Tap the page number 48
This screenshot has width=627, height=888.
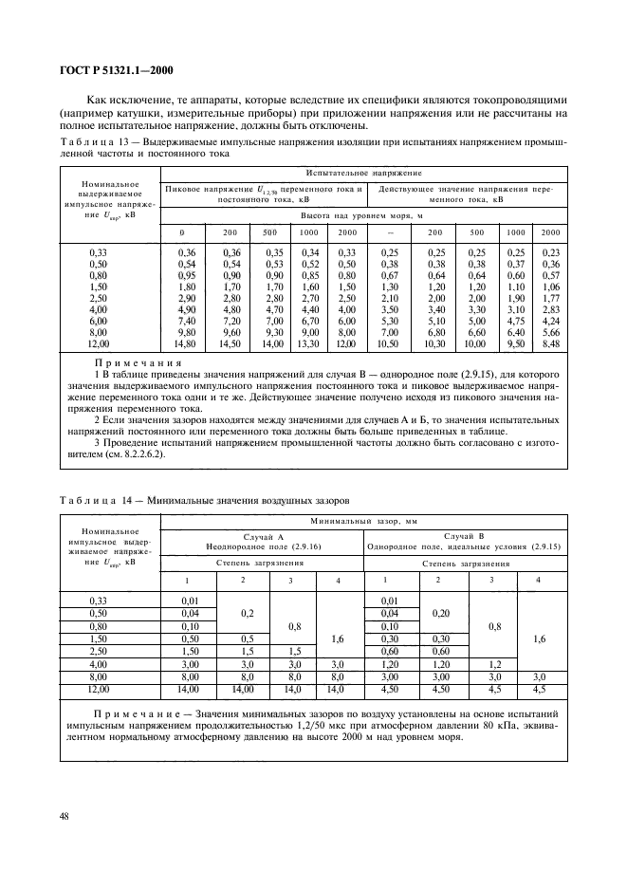[65, 814]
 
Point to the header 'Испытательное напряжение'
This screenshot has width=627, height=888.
[364, 174]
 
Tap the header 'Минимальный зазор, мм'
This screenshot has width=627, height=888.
[364, 522]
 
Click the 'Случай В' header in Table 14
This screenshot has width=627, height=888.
[466, 536]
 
